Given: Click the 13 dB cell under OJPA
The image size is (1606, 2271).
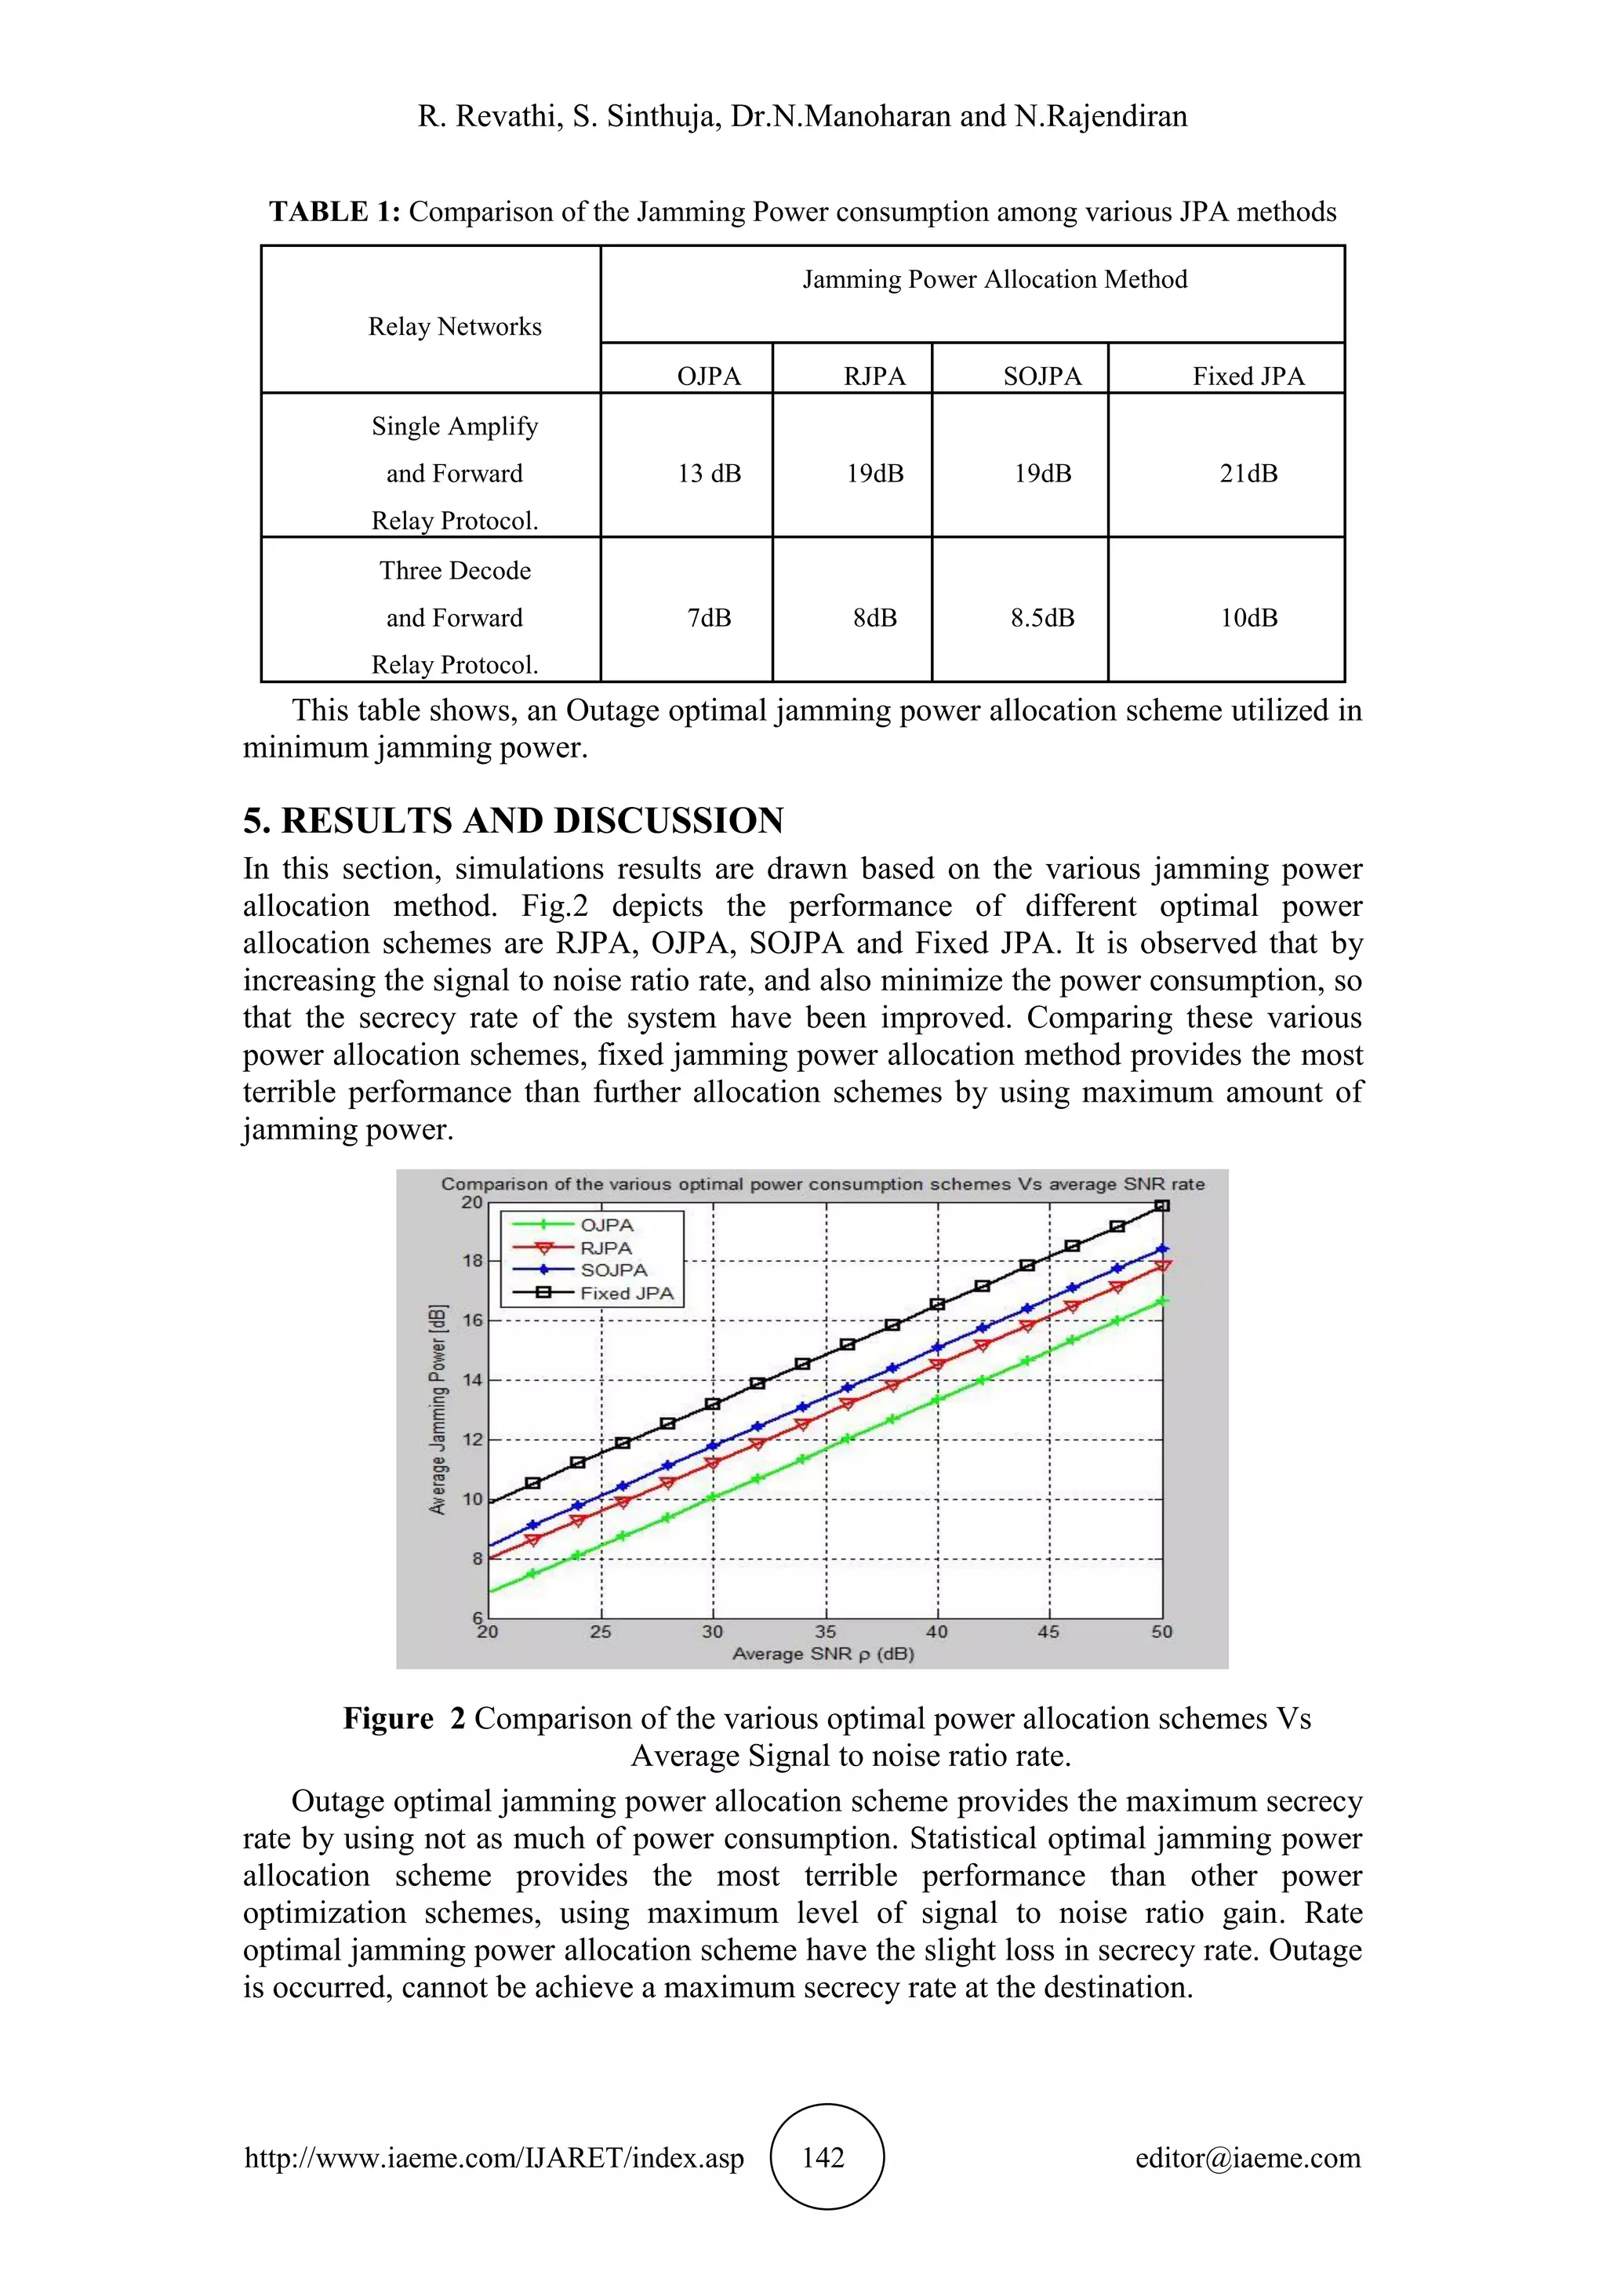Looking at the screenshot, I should click(x=709, y=474).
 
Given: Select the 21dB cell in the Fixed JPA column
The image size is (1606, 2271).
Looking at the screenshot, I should click(x=1248, y=474).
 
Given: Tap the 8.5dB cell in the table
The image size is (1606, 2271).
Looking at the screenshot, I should click(x=1042, y=618).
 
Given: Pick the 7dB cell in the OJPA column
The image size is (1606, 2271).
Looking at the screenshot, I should click(x=709, y=618).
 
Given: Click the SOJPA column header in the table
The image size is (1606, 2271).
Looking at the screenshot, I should click(x=1042, y=377).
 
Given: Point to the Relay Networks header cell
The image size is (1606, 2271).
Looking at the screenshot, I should click(x=455, y=326).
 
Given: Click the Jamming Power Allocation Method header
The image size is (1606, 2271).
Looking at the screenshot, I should click(x=994, y=280).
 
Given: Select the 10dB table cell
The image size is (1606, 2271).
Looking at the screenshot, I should click(x=1248, y=618).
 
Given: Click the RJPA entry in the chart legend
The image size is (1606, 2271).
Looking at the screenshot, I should click(x=605, y=1248).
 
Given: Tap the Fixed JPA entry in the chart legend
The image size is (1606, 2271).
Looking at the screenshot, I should click(x=626, y=1294).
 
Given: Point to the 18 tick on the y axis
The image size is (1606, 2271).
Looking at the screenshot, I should click(x=473, y=1261).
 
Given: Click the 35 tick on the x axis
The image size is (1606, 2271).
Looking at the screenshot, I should click(x=826, y=1632).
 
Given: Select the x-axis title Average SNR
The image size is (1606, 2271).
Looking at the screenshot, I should click(x=823, y=1654).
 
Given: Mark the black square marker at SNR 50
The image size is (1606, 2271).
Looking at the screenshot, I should click(x=1163, y=1206).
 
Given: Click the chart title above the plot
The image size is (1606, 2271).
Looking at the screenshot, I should click(x=823, y=1184).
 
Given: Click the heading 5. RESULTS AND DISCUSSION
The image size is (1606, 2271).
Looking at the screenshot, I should click(x=514, y=821).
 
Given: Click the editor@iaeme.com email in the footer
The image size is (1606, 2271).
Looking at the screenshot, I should click(x=1248, y=2158).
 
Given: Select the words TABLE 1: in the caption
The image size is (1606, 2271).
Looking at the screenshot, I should click(x=334, y=213).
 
